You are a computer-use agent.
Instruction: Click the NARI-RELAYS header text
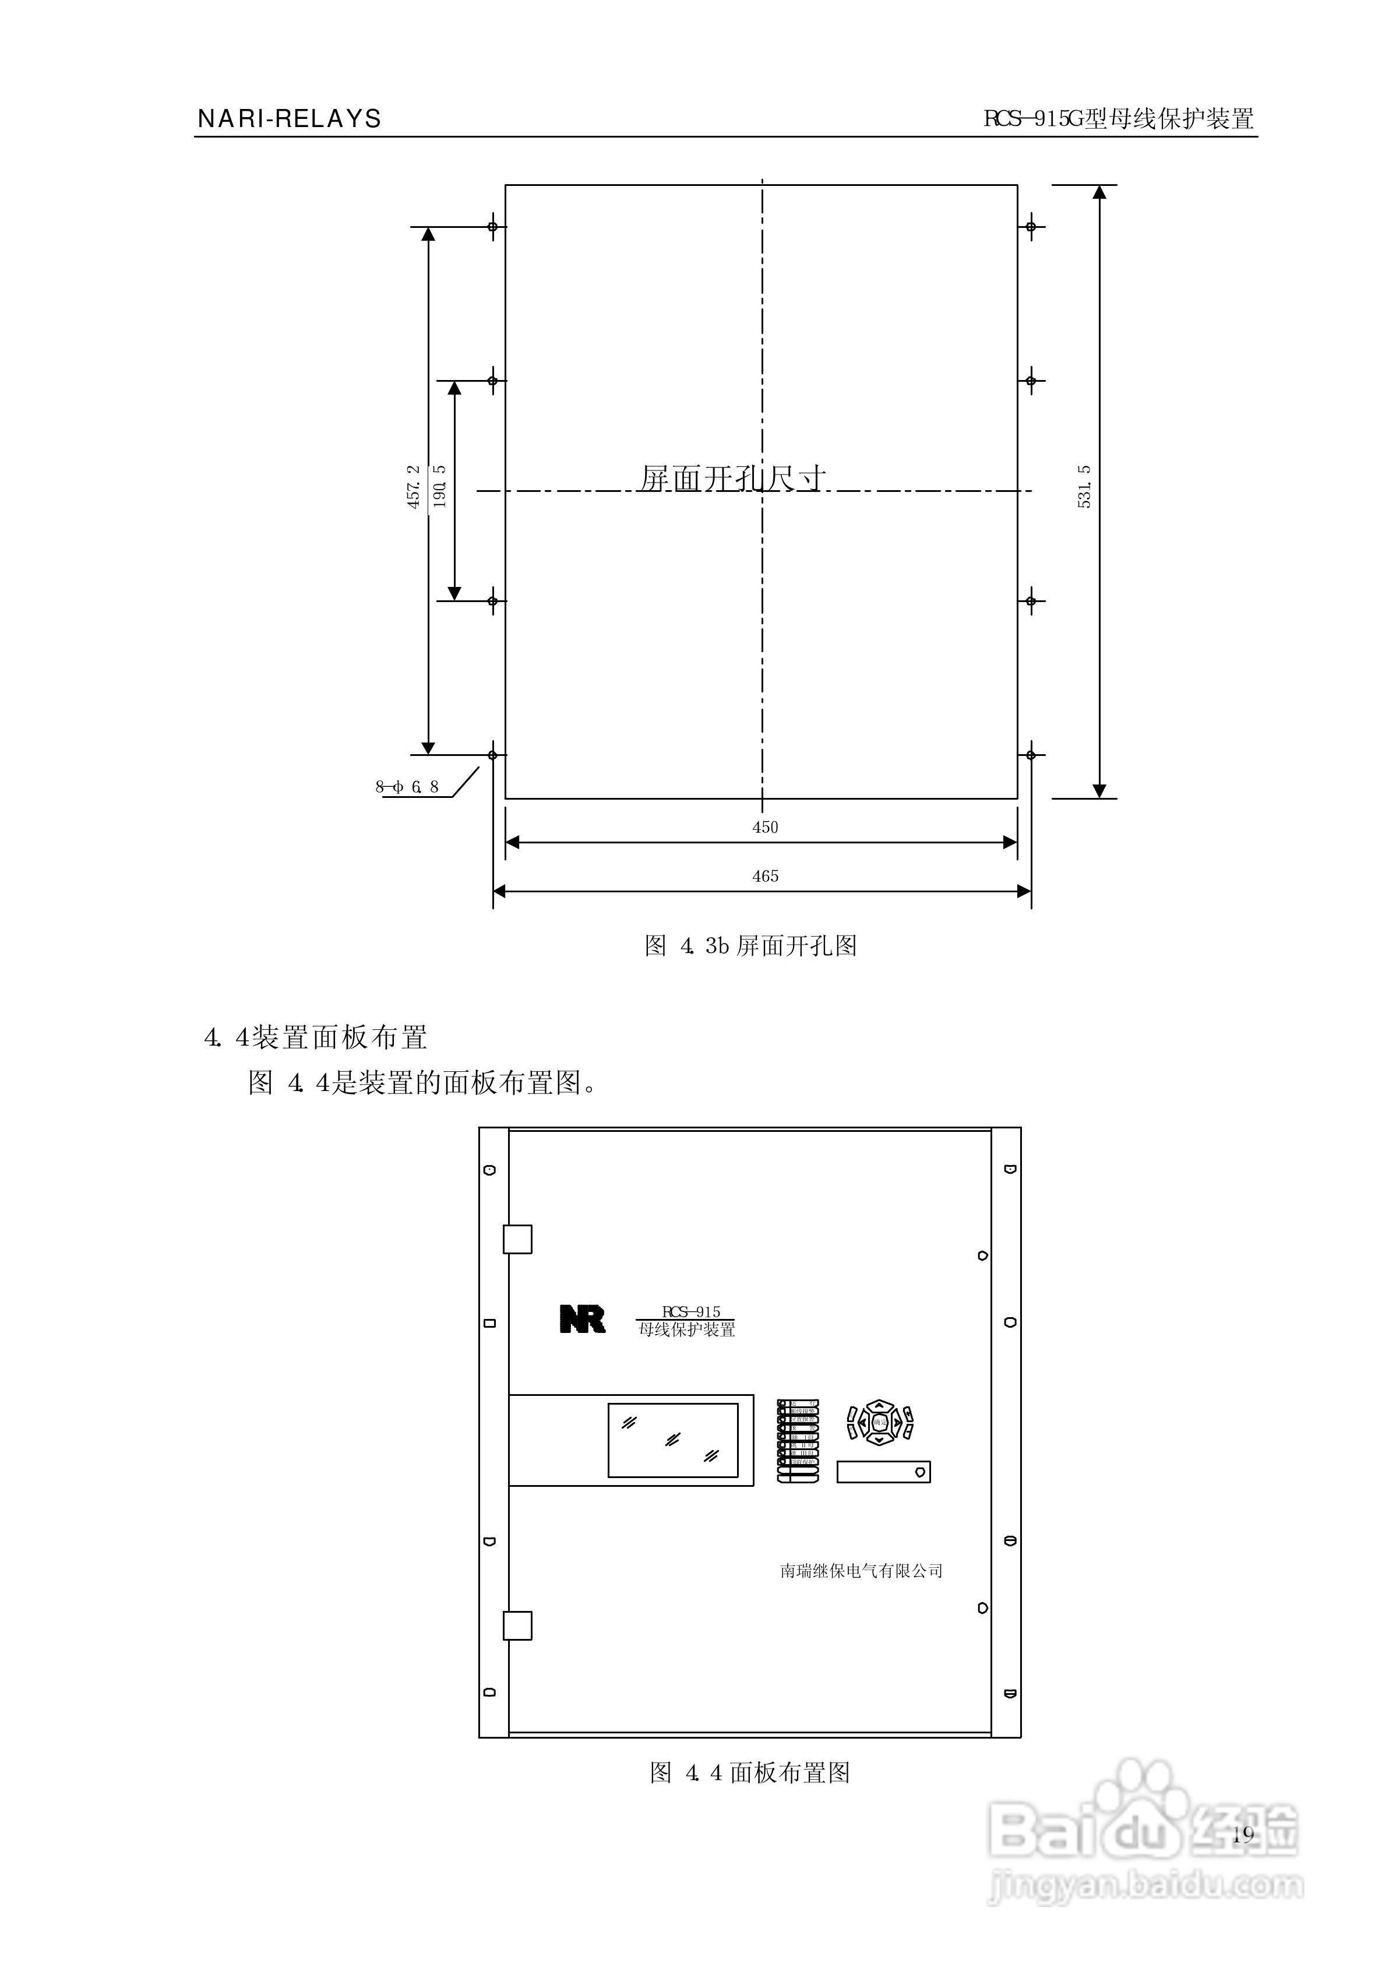click(x=289, y=119)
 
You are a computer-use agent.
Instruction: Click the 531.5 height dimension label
click(x=1084, y=487)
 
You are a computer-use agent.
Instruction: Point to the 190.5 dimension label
click(x=440, y=487)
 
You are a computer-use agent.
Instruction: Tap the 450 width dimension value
click(x=764, y=827)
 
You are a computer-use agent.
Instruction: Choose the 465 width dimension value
click(x=764, y=876)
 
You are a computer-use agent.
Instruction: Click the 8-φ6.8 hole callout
click(x=408, y=787)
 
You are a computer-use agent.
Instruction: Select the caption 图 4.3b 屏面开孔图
click(x=750, y=945)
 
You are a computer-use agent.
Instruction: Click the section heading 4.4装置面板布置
click(x=316, y=1037)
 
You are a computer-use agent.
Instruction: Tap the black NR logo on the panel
click(x=583, y=1319)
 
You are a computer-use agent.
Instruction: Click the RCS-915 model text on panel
click(x=691, y=1312)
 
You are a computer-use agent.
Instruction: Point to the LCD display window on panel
click(x=672, y=1440)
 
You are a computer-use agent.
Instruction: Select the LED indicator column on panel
click(x=797, y=1440)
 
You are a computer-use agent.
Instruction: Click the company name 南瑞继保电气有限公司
click(x=861, y=1570)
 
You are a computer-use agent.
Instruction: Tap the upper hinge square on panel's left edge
click(x=517, y=1239)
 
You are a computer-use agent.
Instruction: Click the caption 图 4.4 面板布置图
click(x=750, y=1772)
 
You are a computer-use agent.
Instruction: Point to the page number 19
click(x=1243, y=1833)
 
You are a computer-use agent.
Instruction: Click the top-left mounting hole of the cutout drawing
click(x=493, y=227)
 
